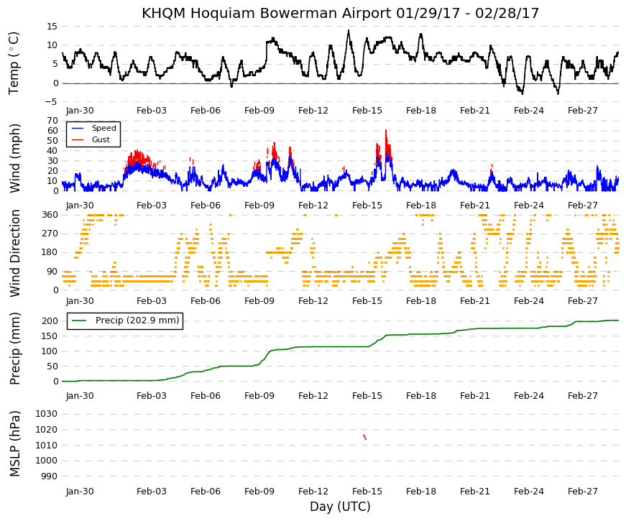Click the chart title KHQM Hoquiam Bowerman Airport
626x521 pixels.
267,13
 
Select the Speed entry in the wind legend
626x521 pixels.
103,128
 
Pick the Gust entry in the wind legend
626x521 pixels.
101,139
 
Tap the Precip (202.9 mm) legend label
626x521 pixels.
137,321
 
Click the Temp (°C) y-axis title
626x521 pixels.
14,63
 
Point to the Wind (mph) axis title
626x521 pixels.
15,158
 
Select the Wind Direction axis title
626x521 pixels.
15,253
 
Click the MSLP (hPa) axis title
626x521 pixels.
14,444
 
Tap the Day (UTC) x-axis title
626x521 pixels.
340,507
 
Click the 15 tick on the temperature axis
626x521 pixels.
52,27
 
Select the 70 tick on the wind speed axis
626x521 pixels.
52,121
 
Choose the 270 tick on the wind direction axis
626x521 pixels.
50,234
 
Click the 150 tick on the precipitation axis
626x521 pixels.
50,336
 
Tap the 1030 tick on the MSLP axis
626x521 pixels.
46,414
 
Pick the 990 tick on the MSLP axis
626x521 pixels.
49,476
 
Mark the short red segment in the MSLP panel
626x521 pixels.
364,437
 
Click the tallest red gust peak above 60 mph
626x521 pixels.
386,131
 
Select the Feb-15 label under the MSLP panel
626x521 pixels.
367,492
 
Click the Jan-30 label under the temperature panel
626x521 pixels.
80,111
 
